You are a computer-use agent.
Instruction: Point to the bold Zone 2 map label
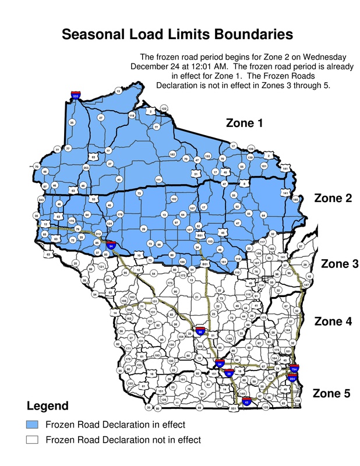(x=333, y=198)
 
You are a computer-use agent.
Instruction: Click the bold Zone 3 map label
(x=340, y=263)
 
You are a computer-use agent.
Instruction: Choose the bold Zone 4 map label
(x=334, y=321)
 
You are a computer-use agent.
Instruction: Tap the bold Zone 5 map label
(x=331, y=393)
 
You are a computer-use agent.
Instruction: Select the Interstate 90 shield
(x=200, y=332)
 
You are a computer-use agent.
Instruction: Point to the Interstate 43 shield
(x=246, y=401)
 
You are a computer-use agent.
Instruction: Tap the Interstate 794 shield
(x=294, y=369)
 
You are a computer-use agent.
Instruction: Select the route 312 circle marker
(x=98, y=234)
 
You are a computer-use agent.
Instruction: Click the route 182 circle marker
(x=172, y=154)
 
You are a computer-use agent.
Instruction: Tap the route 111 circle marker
(x=158, y=180)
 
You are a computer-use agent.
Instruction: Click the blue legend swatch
(x=32, y=423)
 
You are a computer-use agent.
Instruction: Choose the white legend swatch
(x=32, y=440)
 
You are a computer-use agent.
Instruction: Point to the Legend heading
(x=48, y=405)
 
